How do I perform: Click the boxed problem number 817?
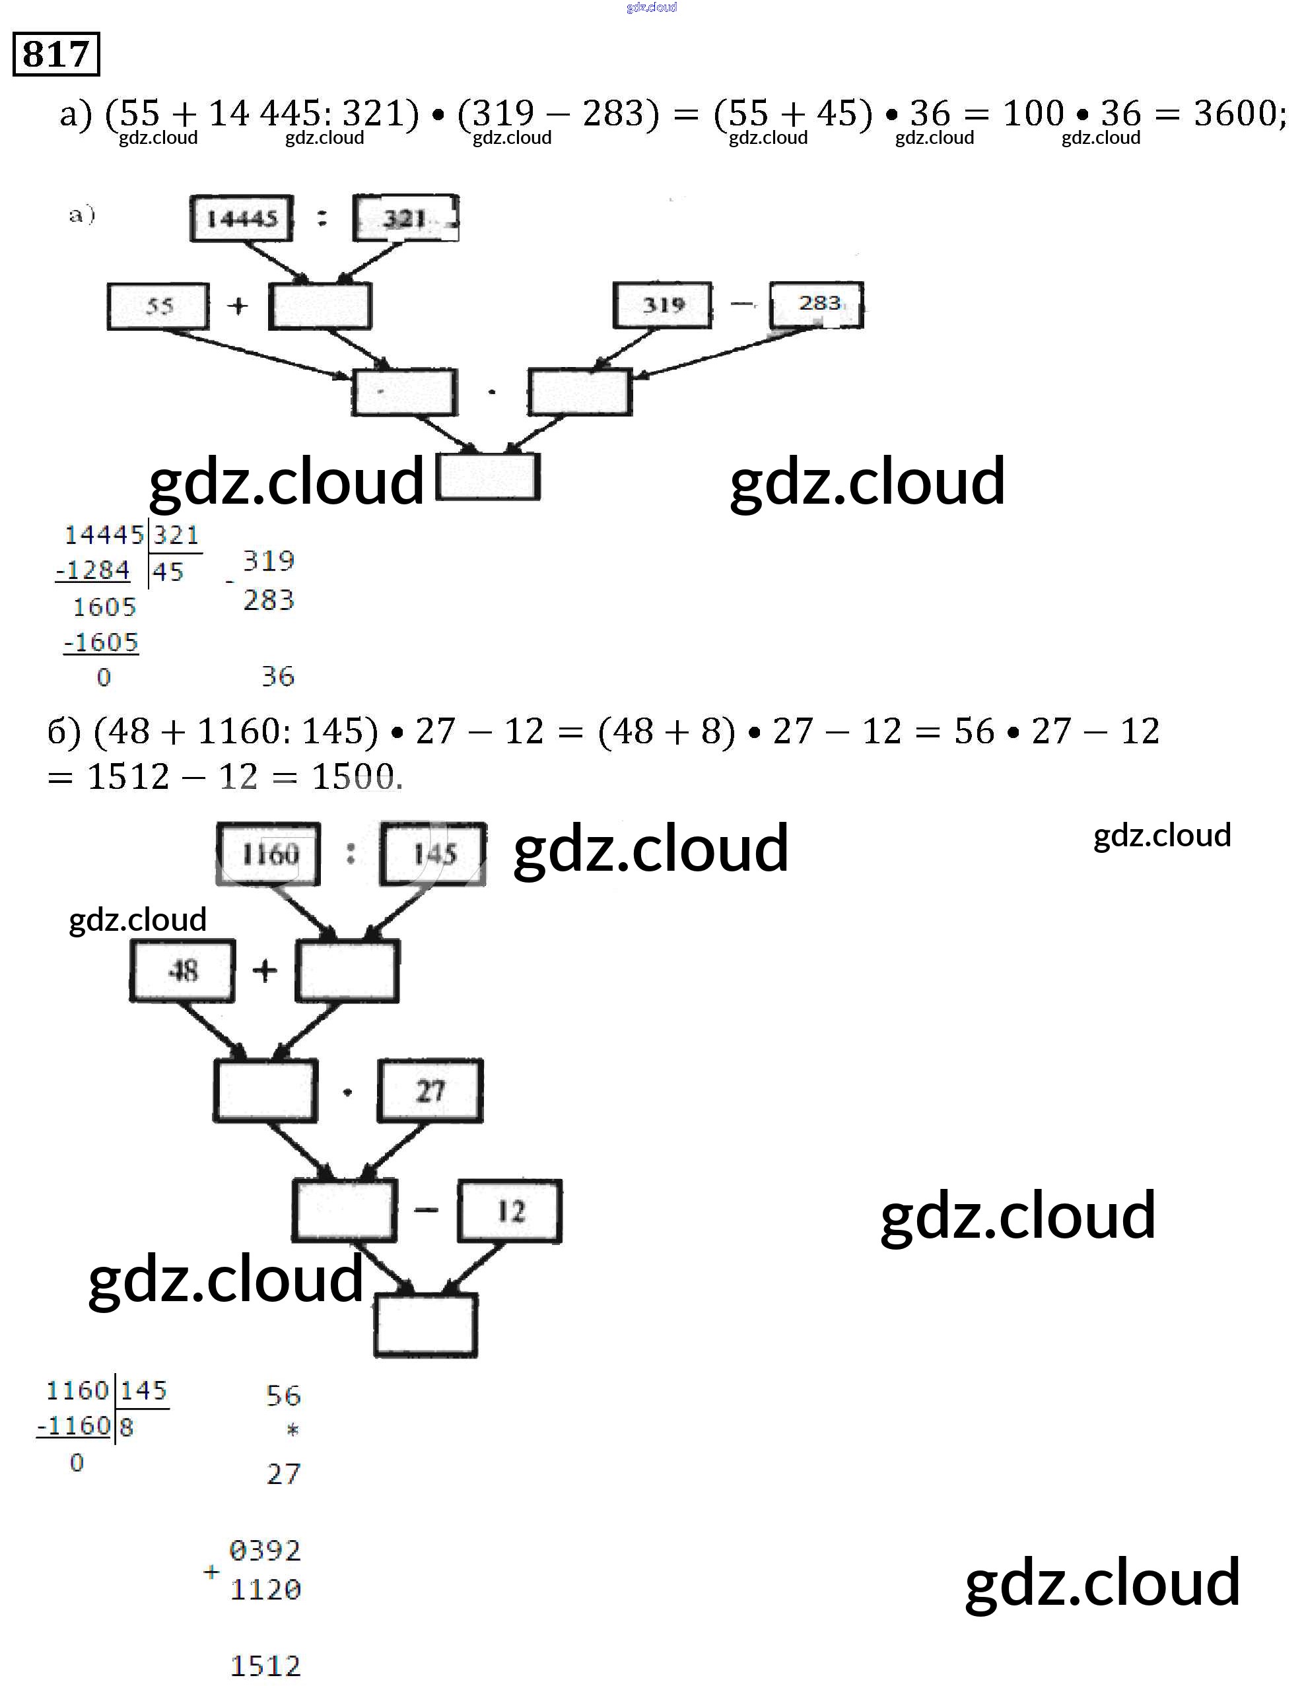55,54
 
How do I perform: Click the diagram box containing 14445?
242,219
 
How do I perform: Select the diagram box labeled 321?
405,219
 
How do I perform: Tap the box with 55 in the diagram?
158,306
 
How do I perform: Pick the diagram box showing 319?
662,305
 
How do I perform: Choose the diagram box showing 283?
817,304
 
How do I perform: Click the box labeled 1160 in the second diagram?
269,854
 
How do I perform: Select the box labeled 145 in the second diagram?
434,854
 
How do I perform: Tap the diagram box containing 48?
182,970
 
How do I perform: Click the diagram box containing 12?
510,1211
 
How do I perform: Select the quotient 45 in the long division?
168,572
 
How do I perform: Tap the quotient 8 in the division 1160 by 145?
127,1426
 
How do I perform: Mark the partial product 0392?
265,1549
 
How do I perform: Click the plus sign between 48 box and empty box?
265,970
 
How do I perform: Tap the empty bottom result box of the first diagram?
488,477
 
